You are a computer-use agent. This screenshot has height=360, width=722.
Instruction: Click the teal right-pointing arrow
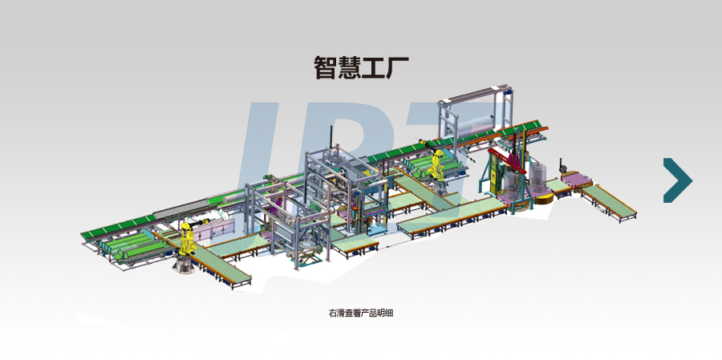(677, 180)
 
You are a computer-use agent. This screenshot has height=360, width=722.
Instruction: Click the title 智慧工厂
(361, 67)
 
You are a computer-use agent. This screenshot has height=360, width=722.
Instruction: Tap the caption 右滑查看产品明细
(361, 313)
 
